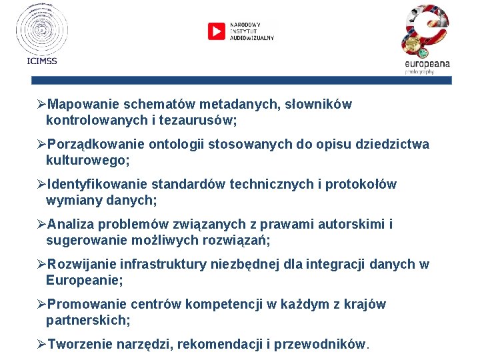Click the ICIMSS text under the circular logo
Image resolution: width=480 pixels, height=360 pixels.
(x=42, y=61)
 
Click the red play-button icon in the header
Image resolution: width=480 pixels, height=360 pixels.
(x=217, y=31)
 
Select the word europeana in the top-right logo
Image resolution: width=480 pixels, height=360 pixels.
(x=427, y=63)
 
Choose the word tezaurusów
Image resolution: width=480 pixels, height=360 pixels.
(x=199, y=121)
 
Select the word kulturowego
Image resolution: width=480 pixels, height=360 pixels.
(x=85, y=161)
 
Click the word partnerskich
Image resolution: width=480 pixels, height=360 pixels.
(x=85, y=321)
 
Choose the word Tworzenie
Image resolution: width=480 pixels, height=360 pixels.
(x=80, y=345)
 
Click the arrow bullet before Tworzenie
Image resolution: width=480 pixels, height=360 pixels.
(x=41, y=344)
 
